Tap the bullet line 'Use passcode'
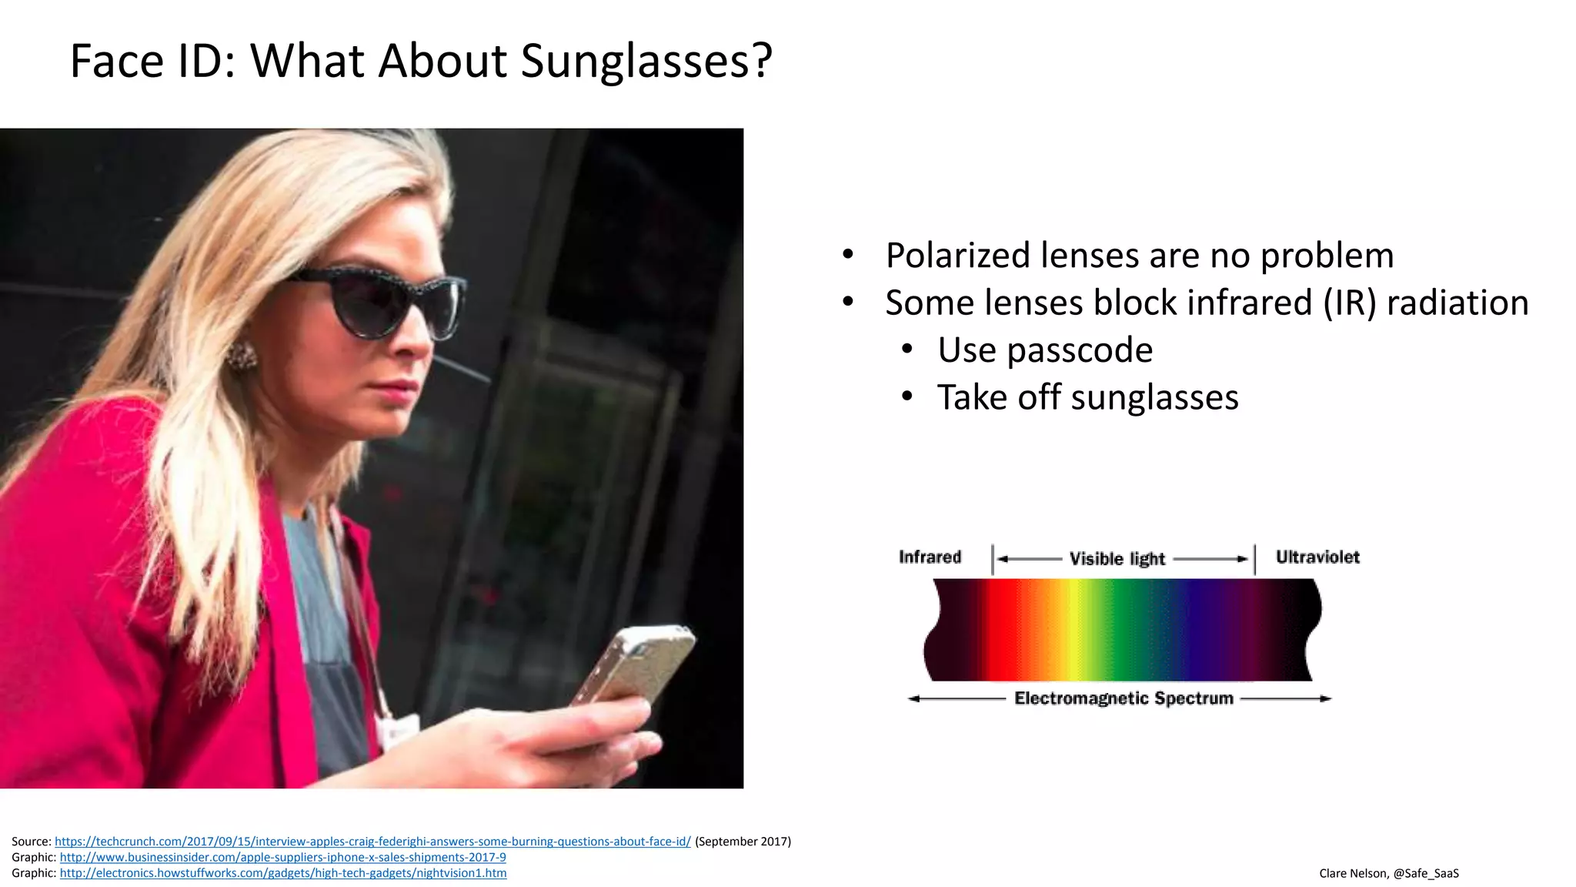click(1044, 350)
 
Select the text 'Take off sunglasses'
click(1087, 398)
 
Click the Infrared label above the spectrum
click(930, 557)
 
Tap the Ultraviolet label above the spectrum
click(1317, 557)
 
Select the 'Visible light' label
click(1117, 559)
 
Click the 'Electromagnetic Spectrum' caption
click(1123, 698)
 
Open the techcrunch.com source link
click(372, 842)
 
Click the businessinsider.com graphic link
click(282, 858)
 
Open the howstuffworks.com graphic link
click(282, 873)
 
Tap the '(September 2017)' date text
click(743, 842)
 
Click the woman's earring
click(242, 356)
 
